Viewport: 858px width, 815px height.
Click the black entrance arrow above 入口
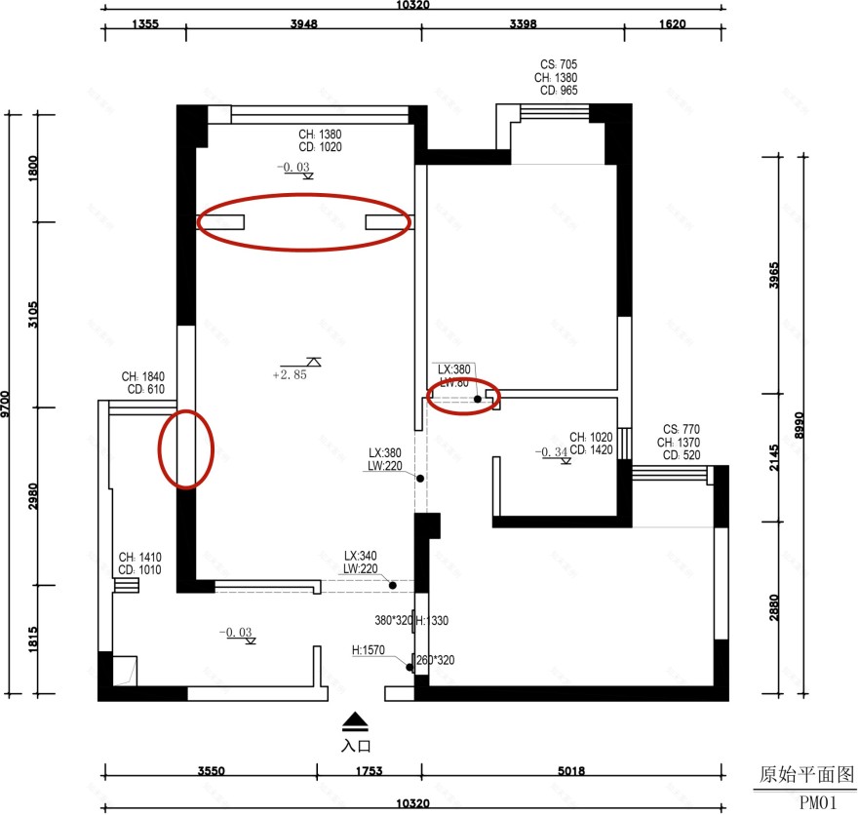[x=356, y=722]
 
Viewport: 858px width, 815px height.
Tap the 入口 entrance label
[x=356, y=745]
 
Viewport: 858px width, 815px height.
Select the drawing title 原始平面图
[x=799, y=775]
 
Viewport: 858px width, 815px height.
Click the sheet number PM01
[x=818, y=803]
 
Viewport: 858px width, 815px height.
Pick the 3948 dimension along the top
[x=303, y=26]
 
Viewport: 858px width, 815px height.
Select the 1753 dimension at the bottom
[x=368, y=771]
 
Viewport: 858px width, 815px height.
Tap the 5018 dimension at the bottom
[x=571, y=771]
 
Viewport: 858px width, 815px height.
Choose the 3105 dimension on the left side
[x=33, y=315]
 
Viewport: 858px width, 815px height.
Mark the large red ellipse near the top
[x=303, y=222]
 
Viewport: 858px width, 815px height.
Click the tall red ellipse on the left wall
[x=185, y=448]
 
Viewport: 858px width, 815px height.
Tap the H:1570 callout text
[x=370, y=649]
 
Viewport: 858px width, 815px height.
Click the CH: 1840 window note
[x=143, y=376]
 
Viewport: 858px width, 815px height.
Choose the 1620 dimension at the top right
[x=672, y=26]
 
